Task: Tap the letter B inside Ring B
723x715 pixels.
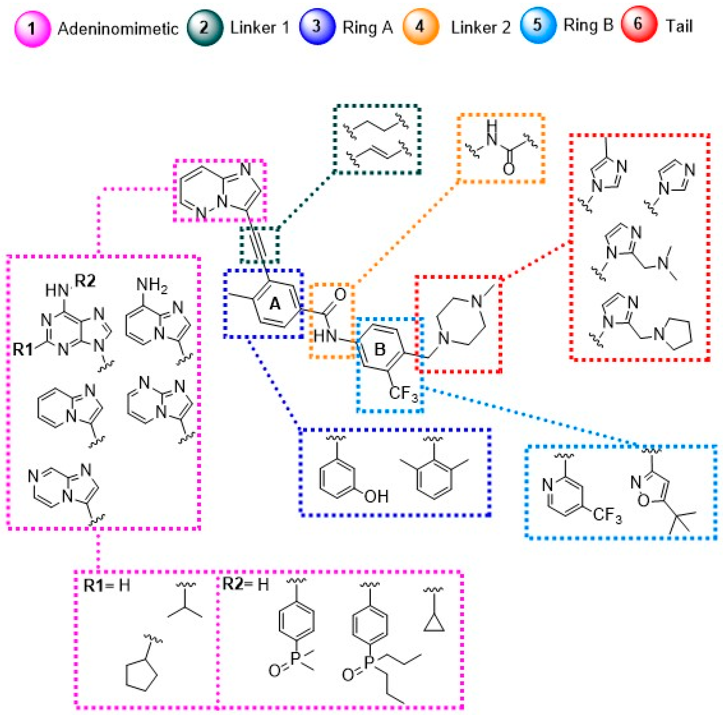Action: click(380, 350)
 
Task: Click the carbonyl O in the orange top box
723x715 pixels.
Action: click(508, 169)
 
